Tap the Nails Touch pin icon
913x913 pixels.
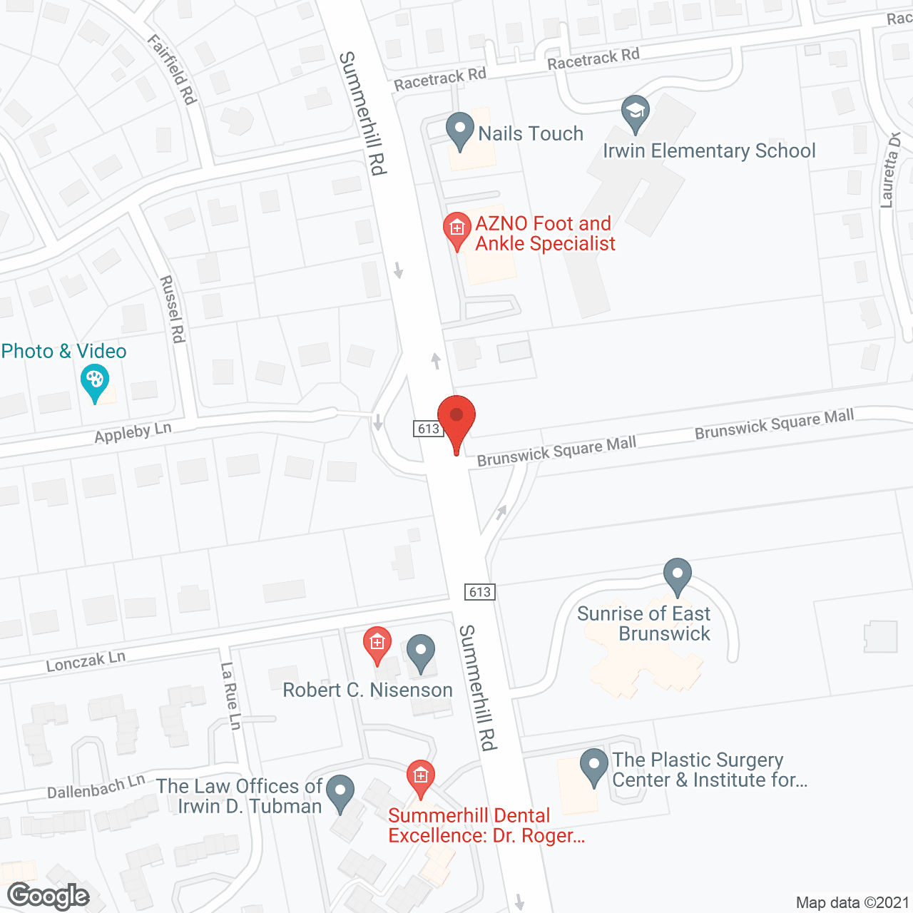[x=460, y=131]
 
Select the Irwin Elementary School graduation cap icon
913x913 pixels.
[x=635, y=113]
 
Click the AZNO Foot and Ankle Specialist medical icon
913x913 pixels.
[x=457, y=229]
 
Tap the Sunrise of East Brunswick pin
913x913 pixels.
[x=677, y=574]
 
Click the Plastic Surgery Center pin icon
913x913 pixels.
[x=593, y=766]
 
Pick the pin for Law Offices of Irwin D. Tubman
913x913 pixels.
[x=340, y=792]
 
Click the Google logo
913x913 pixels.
[x=49, y=896]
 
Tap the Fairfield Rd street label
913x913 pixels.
[x=172, y=70]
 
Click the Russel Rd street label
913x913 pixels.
[x=173, y=309]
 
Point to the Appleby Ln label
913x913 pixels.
[x=133, y=432]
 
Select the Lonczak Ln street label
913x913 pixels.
[x=86, y=661]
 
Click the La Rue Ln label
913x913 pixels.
[x=230, y=696]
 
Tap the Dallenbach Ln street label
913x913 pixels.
[x=96, y=787]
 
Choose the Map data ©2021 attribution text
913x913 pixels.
[x=852, y=902]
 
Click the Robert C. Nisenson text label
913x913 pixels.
[x=368, y=690]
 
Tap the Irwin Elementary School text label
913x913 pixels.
[x=709, y=151]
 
